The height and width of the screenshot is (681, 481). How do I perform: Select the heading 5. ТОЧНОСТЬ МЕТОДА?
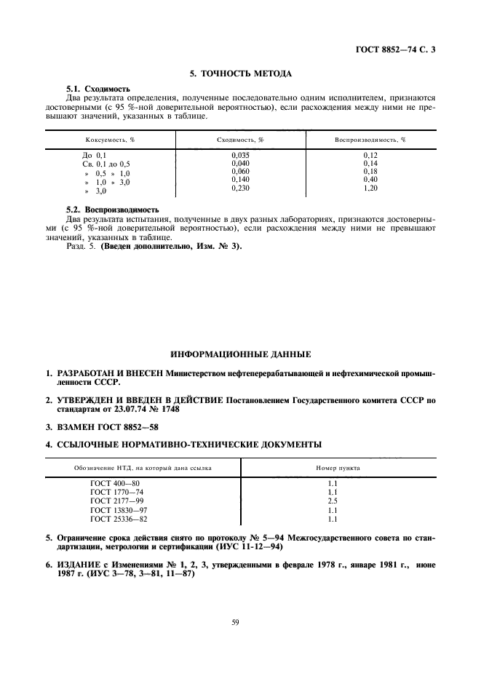pos(240,74)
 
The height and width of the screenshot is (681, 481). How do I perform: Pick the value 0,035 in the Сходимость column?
pos(240,155)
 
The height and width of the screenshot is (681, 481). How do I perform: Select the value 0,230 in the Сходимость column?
pos(240,188)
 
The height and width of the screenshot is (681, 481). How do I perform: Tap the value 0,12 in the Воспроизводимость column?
pos(370,155)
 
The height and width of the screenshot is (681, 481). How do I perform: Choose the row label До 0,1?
pos(95,156)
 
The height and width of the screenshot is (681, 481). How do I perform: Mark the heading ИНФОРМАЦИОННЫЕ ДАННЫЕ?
pos(240,354)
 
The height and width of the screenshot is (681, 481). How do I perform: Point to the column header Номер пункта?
pos(337,468)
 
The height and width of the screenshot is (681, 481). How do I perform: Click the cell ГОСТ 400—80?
pos(114,484)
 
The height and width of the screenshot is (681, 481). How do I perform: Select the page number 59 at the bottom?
pos(239,623)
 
